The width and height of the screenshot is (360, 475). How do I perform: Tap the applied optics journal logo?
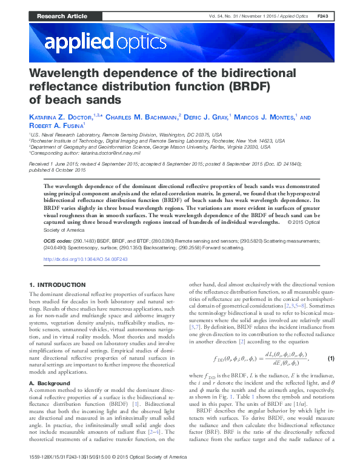pyautogui.click(x=105, y=42)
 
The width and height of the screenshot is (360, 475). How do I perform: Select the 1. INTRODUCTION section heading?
pyautogui.click(x=58, y=285)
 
